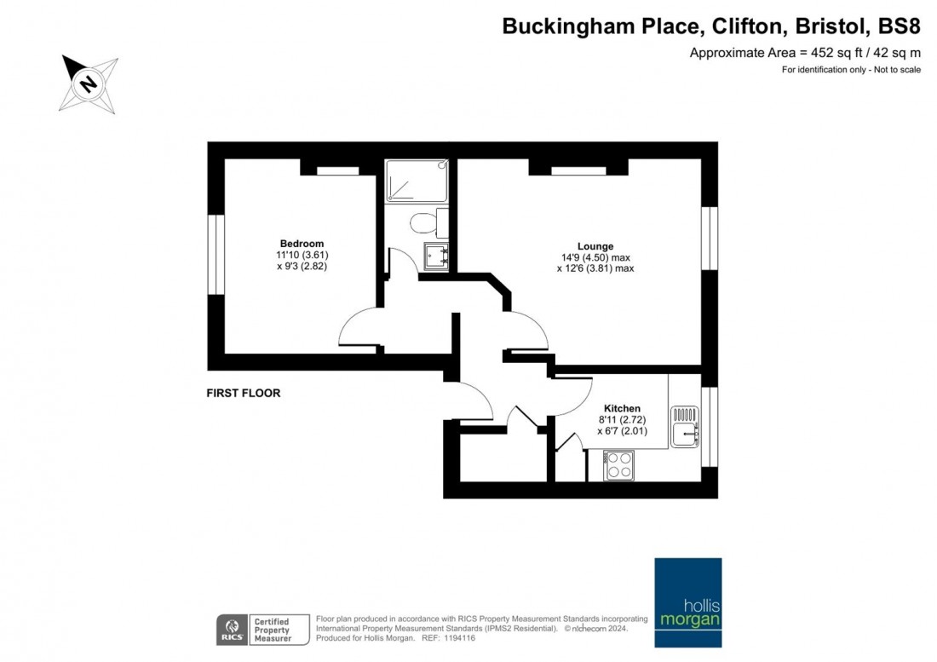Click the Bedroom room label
(x=302, y=244)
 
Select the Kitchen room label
(x=622, y=409)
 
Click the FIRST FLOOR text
(x=244, y=394)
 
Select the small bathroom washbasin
(x=436, y=256)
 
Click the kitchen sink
(x=685, y=427)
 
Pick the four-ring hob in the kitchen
(x=618, y=465)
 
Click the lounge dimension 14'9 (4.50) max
(x=595, y=257)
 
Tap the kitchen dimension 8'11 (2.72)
(x=622, y=420)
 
